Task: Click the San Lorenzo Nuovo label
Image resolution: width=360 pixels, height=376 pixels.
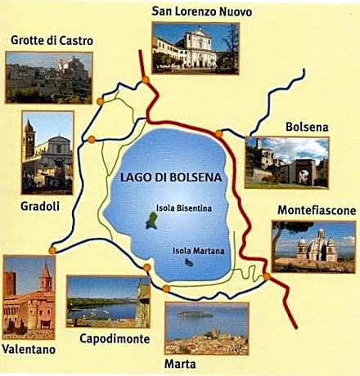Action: pyautogui.click(x=201, y=11)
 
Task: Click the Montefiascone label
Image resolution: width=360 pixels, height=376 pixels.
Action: pyautogui.click(x=313, y=211)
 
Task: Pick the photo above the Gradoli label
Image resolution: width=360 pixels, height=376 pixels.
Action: pyautogui.click(x=47, y=152)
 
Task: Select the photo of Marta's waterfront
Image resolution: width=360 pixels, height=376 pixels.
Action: pyautogui.click(x=206, y=328)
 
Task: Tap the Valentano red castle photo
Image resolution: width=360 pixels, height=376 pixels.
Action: pyautogui.click(x=29, y=298)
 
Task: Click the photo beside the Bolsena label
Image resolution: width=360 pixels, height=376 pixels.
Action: pyautogui.click(x=286, y=163)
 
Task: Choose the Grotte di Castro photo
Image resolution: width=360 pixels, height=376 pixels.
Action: pyautogui.click(x=48, y=78)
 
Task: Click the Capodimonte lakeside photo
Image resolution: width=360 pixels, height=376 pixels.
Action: pyautogui.click(x=108, y=300)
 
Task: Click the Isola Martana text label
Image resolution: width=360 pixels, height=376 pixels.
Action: pyautogui.click(x=196, y=251)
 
